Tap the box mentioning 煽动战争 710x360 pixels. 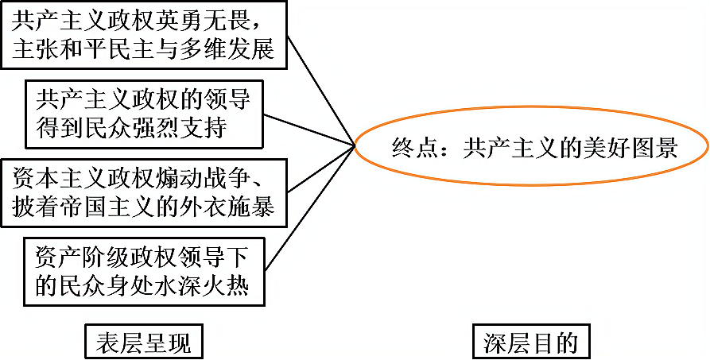143,192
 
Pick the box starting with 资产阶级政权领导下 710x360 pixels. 143,270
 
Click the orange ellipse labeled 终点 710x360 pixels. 530,148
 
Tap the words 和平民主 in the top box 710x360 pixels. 118,49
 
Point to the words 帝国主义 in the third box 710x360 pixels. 118,206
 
